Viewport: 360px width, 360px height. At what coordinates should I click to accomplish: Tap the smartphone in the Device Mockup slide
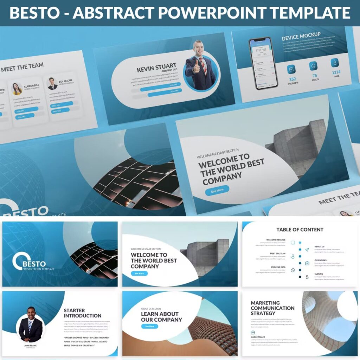pos(263,63)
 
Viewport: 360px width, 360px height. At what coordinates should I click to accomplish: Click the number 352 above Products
pos(292,79)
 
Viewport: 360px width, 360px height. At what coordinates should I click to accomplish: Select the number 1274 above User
pos(336,72)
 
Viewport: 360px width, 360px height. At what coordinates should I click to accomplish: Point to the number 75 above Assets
pos(314,76)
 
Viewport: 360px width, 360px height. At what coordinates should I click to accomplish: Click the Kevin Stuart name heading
pos(156,67)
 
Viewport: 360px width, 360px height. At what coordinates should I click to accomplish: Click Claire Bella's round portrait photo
pos(17,89)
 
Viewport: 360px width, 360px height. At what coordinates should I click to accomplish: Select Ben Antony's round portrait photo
pos(52,84)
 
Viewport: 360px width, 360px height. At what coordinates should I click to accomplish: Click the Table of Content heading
pos(300,230)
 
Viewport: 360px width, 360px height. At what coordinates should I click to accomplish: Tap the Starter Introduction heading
pos(82,313)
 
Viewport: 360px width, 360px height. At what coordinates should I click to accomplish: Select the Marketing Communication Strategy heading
pos(272,308)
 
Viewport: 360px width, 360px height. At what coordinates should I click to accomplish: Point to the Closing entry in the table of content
pos(319,274)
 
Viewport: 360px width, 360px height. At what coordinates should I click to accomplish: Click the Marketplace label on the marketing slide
pos(258,337)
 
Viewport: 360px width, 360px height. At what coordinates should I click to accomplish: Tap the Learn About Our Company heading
pos(161,317)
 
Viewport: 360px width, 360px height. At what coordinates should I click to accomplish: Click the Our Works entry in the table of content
pos(321,260)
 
